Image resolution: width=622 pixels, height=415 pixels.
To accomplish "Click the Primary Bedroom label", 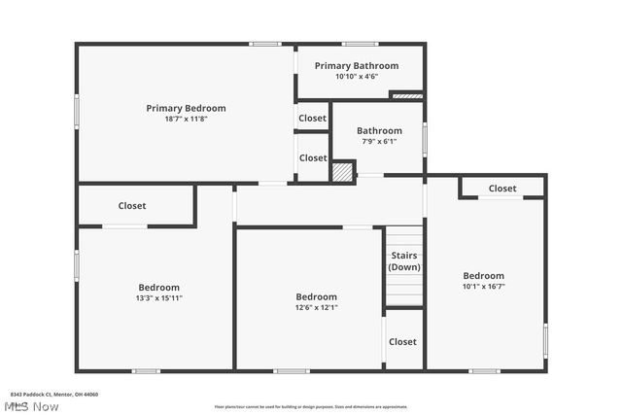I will (186, 108).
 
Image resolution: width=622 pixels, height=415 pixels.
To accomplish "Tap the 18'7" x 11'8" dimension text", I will (186, 119).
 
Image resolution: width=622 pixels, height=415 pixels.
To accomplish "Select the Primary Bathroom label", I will (356, 66).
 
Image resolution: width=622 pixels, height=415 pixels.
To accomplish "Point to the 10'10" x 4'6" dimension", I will (356, 77).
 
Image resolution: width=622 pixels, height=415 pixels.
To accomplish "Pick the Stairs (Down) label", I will (404, 260).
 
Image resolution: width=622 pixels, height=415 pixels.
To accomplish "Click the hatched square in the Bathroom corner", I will (342, 172).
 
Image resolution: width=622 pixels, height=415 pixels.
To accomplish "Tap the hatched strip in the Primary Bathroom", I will (407, 95).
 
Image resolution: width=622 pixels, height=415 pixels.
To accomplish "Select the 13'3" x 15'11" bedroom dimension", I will (158, 298).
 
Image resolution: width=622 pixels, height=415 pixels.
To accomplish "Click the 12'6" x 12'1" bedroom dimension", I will (316, 308).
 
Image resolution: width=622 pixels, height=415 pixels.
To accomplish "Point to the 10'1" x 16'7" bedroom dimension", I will (483, 287).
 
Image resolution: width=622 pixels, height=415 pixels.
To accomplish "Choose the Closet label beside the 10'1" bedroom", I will (502, 189).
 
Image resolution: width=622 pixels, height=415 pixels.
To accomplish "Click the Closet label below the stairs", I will (402, 342).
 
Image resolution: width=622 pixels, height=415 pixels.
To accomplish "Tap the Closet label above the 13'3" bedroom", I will (132, 206).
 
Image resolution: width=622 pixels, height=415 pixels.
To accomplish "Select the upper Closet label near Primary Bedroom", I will (313, 119).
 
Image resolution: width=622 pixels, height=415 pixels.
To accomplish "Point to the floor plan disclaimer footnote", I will (311, 406).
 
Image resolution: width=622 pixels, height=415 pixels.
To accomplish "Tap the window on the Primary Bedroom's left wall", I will (78, 111).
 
